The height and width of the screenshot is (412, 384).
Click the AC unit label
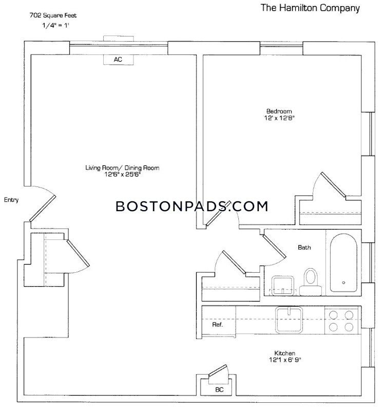click(118, 60)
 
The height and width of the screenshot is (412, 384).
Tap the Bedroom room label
click(279, 111)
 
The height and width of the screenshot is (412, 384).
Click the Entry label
click(11, 200)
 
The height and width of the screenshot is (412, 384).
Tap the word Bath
click(304, 247)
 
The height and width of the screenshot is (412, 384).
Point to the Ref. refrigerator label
click(217, 325)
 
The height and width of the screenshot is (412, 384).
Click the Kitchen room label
click(284, 353)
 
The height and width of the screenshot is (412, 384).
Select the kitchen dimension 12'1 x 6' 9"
click(284, 361)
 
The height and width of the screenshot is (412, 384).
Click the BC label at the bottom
click(219, 390)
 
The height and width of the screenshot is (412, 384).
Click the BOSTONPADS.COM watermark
click(191, 207)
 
